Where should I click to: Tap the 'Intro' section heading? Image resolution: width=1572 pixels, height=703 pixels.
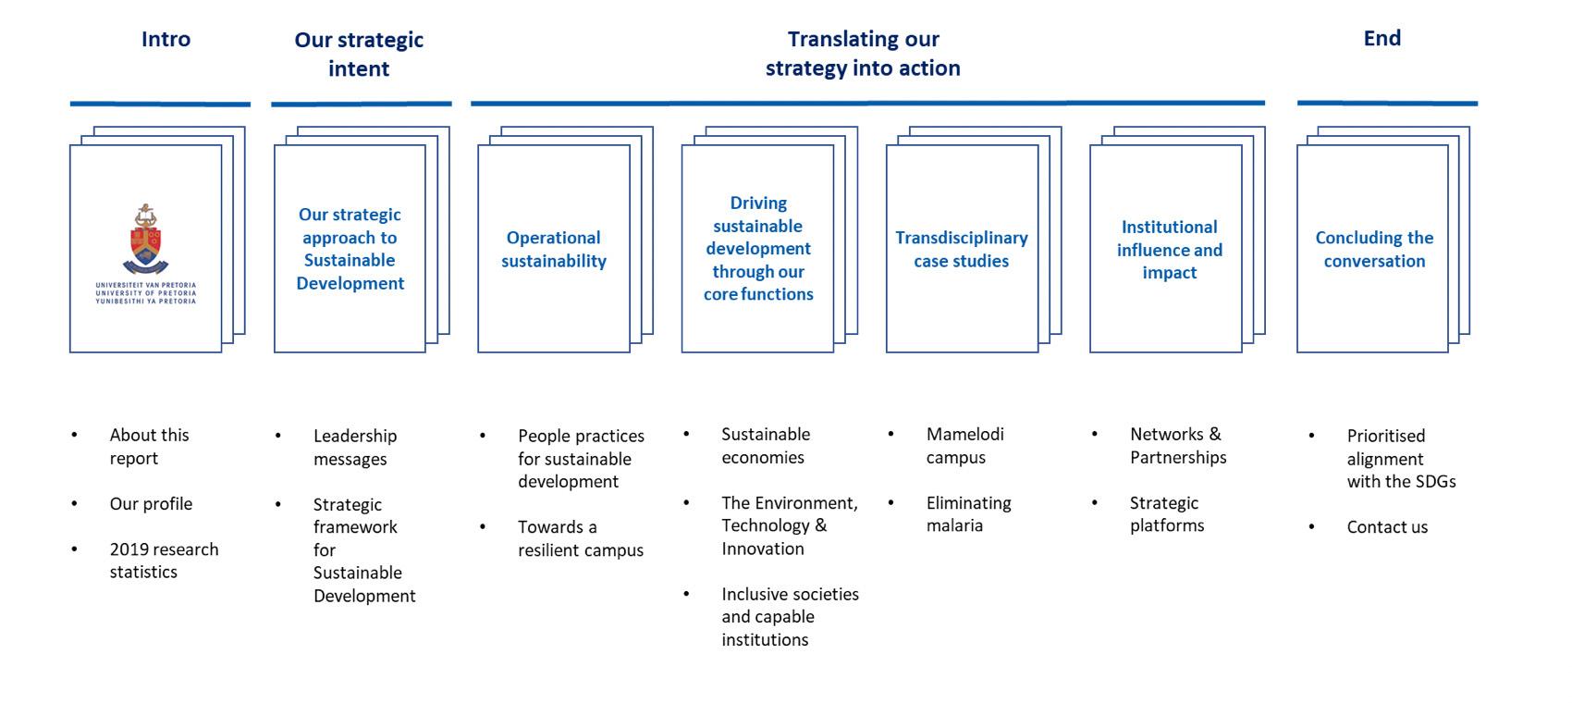tap(166, 39)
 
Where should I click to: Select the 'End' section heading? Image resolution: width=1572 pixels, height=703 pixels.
tap(1382, 38)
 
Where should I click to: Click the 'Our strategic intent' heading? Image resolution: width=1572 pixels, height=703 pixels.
tap(359, 54)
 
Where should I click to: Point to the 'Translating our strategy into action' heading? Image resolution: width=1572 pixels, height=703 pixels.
tap(863, 53)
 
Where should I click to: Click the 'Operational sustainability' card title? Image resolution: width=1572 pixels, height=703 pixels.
tap(554, 249)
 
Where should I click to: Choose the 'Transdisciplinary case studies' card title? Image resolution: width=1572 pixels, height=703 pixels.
tap(961, 249)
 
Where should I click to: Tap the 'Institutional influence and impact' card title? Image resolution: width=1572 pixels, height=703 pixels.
tap(1169, 249)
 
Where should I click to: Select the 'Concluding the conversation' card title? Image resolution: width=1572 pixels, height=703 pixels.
tap(1374, 249)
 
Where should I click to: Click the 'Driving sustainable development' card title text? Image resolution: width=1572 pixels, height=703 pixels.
tap(758, 248)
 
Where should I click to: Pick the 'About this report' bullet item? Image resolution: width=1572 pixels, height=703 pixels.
tap(149, 446)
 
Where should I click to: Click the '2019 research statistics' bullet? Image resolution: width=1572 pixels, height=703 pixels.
tap(164, 560)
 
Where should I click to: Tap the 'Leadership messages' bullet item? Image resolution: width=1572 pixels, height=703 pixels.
tap(354, 447)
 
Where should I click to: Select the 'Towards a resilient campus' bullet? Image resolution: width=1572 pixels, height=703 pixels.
tap(580, 538)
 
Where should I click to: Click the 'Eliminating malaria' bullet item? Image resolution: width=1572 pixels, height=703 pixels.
tap(968, 513)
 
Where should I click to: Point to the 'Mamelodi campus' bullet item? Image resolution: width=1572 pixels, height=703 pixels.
tap(964, 445)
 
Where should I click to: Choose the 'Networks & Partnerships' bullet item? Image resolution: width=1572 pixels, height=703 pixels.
tap(1177, 445)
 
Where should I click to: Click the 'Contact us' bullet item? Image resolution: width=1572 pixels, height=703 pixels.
tap(1387, 527)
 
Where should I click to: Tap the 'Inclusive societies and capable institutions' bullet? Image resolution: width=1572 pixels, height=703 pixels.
tap(790, 616)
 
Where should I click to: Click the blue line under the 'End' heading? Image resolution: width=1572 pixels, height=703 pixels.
tap(1387, 104)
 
